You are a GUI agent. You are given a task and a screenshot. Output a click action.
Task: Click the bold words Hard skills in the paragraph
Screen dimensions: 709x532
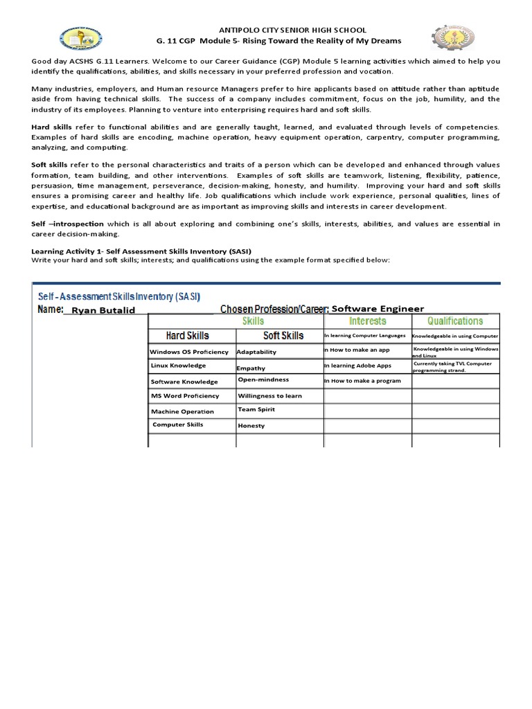(53, 127)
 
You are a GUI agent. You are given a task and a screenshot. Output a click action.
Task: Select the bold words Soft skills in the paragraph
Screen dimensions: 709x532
(52, 165)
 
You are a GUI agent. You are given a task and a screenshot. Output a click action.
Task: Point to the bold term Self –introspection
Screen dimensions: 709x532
(67, 224)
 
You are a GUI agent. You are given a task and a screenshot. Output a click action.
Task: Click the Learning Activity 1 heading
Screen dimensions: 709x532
(141, 251)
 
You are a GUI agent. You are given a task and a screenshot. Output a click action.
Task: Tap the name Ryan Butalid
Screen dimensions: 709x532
(103, 310)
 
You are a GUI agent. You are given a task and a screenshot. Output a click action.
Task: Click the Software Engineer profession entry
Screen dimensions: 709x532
(378, 309)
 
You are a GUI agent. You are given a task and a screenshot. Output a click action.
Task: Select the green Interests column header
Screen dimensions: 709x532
(367, 321)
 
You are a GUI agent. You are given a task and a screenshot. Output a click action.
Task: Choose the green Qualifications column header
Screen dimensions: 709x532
(455, 321)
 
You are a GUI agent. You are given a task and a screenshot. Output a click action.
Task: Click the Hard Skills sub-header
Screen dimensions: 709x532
(187, 336)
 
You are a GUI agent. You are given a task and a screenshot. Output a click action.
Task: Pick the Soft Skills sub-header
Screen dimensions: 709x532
(283, 336)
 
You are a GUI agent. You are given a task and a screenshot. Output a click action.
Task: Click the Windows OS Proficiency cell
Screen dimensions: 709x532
(189, 352)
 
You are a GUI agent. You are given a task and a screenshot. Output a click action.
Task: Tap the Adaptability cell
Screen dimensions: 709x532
(256, 352)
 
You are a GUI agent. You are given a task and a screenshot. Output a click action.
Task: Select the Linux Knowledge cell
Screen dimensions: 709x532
(178, 366)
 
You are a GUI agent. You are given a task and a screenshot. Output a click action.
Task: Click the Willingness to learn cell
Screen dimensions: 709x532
(270, 396)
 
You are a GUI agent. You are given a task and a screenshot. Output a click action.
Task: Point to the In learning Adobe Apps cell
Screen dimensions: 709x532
(357, 366)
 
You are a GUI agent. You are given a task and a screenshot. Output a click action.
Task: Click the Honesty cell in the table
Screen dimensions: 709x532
(251, 426)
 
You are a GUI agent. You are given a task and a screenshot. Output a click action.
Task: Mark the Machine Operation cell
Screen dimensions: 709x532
(183, 411)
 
